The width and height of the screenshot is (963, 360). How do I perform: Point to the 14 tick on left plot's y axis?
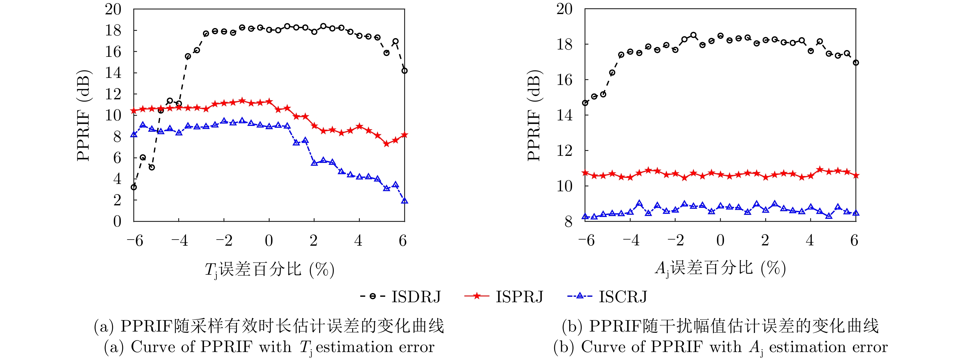pos(113,72)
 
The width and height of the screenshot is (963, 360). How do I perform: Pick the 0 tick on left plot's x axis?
pos(269,241)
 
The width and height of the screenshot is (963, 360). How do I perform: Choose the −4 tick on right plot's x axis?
pos(631,241)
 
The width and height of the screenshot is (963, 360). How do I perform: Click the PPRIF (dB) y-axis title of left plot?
pos(84,116)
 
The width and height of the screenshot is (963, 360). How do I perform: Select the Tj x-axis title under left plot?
pos(269,269)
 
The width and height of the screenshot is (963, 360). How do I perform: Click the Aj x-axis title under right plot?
pos(720,268)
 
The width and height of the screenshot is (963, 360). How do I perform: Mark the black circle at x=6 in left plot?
pos(404,71)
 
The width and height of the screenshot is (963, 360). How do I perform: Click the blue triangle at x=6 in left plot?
pos(404,201)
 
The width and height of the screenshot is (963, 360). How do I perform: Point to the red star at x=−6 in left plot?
pos(134,111)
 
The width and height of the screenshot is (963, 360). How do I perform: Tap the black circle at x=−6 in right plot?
pos(585,103)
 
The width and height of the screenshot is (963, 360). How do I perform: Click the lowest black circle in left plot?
pos(134,187)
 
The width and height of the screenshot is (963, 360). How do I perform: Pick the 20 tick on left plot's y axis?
pos(113,9)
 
